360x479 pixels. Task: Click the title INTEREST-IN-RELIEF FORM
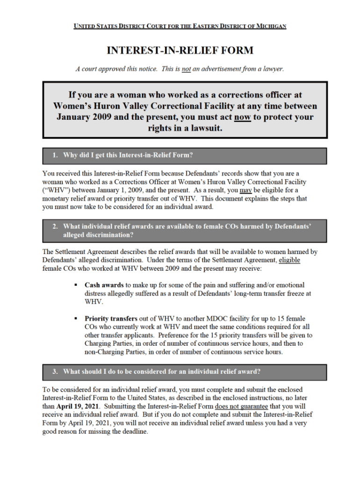[x=180, y=50]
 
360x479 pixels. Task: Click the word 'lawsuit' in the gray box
[x=203, y=128]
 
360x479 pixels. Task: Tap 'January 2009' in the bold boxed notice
[x=84, y=117]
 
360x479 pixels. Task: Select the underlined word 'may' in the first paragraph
[x=245, y=190]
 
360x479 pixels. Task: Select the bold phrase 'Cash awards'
[x=104, y=284]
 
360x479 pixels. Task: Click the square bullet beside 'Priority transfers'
[x=76, y=319]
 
